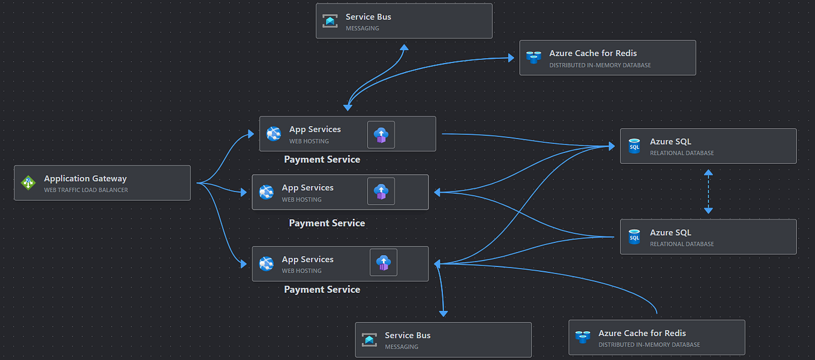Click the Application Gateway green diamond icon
coord(28,183)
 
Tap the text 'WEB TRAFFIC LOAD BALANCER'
coord(86,190)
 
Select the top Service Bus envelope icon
coord(329,21)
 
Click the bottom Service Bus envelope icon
coord(369,340)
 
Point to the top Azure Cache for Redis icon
coord(533,58)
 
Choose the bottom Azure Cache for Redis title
coord(642,333)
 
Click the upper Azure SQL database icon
coord(634,146)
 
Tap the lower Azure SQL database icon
coord(634,237)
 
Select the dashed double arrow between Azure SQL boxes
coord(708,191)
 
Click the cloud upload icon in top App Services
coord(381,134)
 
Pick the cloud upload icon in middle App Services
coord(381,191)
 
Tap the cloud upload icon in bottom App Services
coord(383,262)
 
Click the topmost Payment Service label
coord(322,160)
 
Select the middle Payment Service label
coord(326,223)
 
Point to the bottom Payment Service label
coord(322,290)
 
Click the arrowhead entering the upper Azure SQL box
coord(611,146)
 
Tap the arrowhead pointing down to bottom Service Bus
coord(444,313)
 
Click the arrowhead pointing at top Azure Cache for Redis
coord(511,58)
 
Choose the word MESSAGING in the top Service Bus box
coord(362,28)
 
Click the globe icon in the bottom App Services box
coord(266,263)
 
